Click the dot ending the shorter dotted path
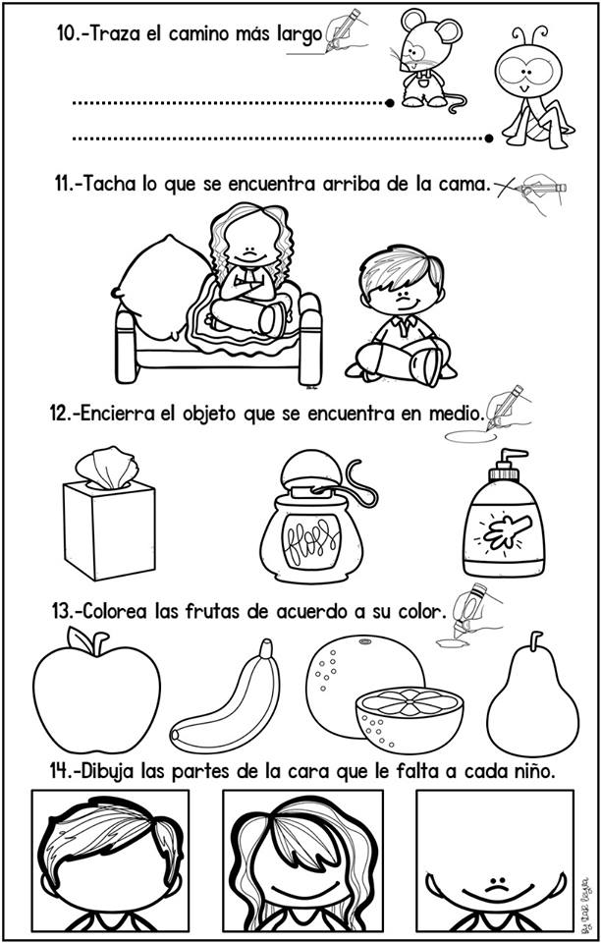(x=391, y=102)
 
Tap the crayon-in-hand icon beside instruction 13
(x=469, y=610)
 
